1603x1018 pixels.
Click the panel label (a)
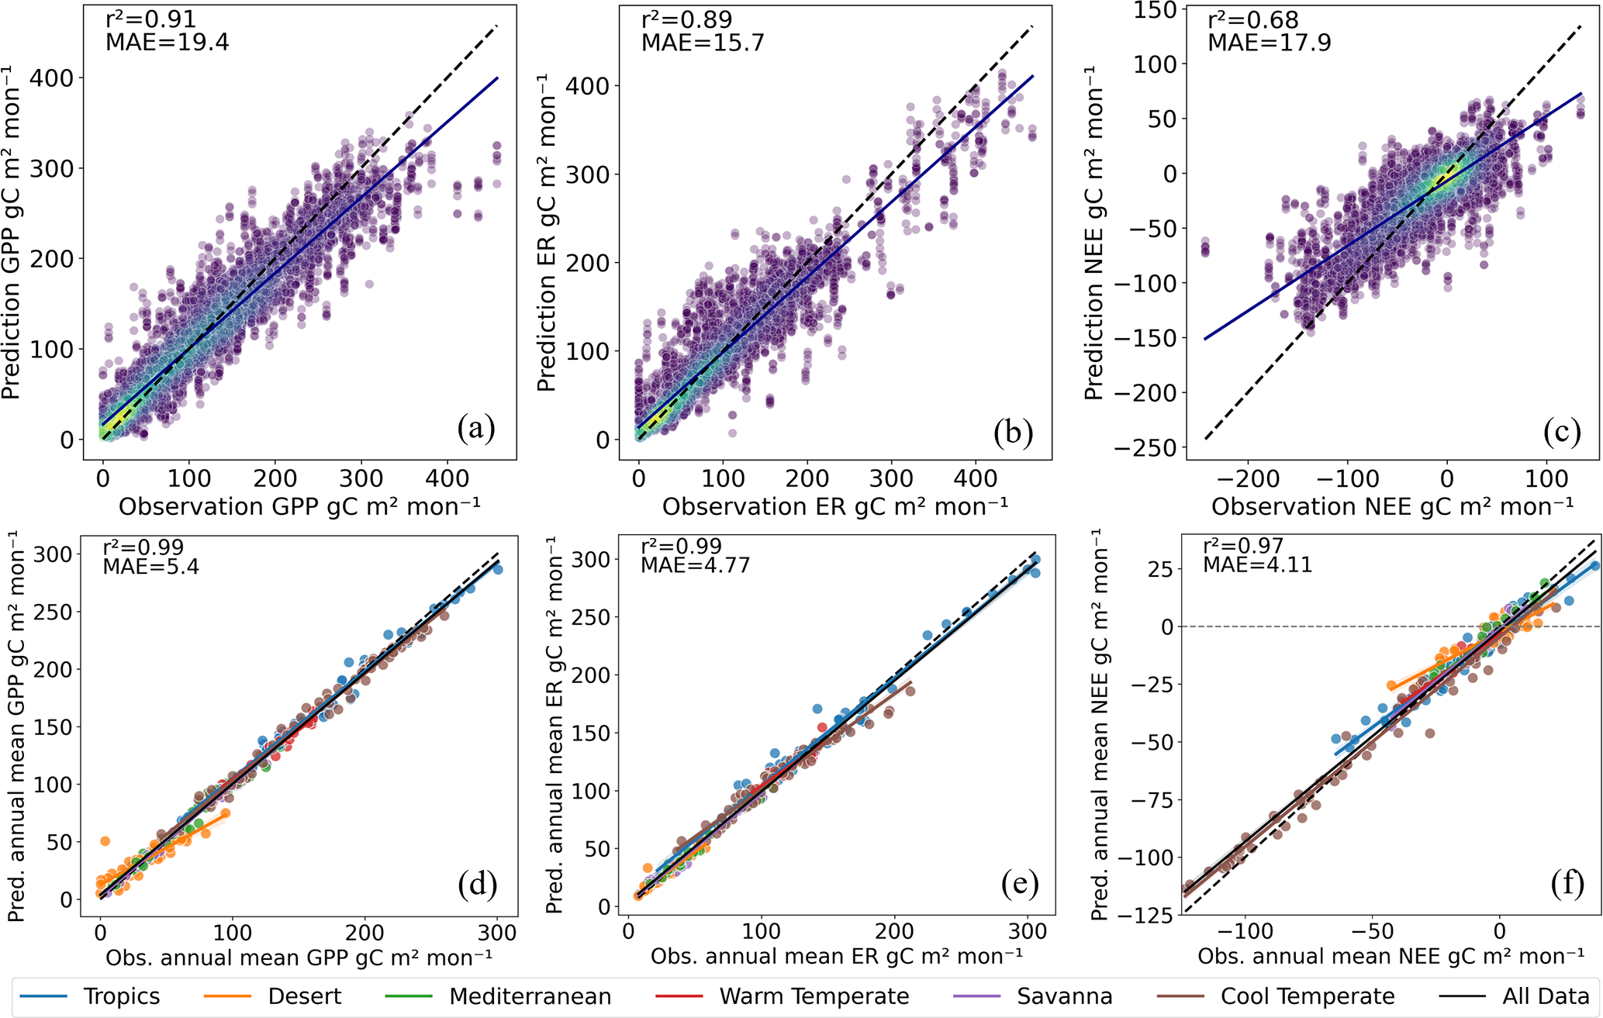tap(476, 427)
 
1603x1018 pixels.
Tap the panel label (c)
tap(1561, 431)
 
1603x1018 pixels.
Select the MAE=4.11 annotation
tap(1257, 564)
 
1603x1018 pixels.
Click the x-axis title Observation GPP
tap(299, 507)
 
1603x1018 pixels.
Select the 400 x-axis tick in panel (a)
tap(447, 478)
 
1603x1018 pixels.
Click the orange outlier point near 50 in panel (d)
tap(105, 841)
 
